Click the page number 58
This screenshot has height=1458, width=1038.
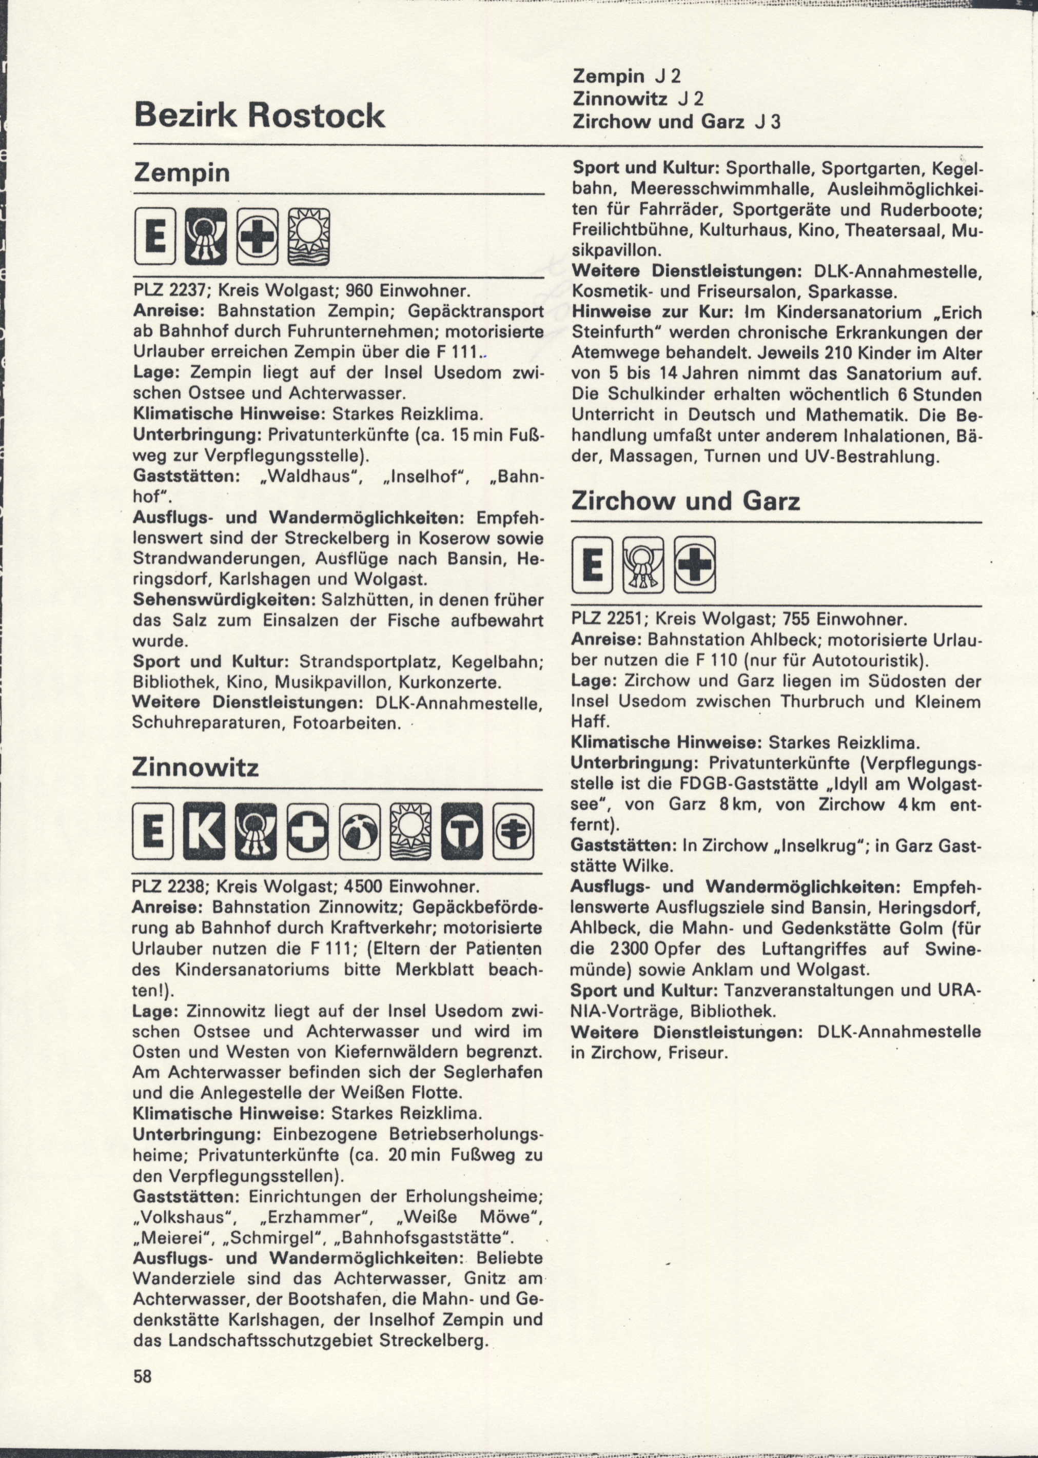(x=143, y=1375)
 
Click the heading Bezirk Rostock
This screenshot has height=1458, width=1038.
(x=259, y=115)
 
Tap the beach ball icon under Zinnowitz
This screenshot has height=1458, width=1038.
(x=359, y=831)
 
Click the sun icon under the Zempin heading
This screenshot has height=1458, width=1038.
(x=309, y=237)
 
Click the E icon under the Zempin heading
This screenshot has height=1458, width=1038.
(x=154, y=237)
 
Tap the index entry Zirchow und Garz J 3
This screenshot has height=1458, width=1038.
(x=676, y=122)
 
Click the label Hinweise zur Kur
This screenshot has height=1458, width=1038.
(x=655, y=312)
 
